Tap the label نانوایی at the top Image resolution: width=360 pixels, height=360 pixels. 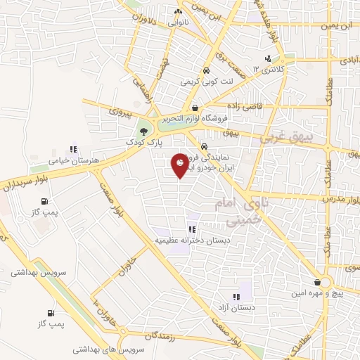[177, 22]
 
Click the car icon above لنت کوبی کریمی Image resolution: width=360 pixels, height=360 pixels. [206, 71]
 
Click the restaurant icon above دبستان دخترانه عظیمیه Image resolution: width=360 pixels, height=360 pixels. [192, 229]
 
